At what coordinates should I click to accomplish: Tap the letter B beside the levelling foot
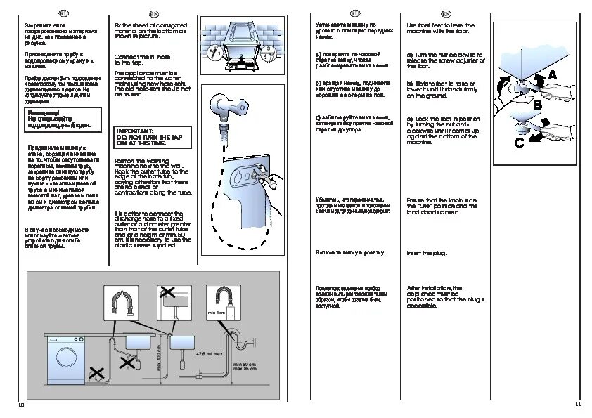point(537,103)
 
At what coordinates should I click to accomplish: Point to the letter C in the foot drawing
point(519,143)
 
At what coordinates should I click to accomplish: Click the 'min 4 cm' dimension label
point(215,311)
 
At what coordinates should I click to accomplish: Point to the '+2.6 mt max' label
point(209,354)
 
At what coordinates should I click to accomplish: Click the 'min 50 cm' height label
point(244,364)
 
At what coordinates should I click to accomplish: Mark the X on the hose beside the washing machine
point(96,376)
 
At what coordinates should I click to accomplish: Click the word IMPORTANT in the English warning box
point(131,131)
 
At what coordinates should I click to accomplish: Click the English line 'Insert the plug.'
point(427,252)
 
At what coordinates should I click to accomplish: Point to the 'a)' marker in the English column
point(410,54)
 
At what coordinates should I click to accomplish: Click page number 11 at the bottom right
point(577,404)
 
